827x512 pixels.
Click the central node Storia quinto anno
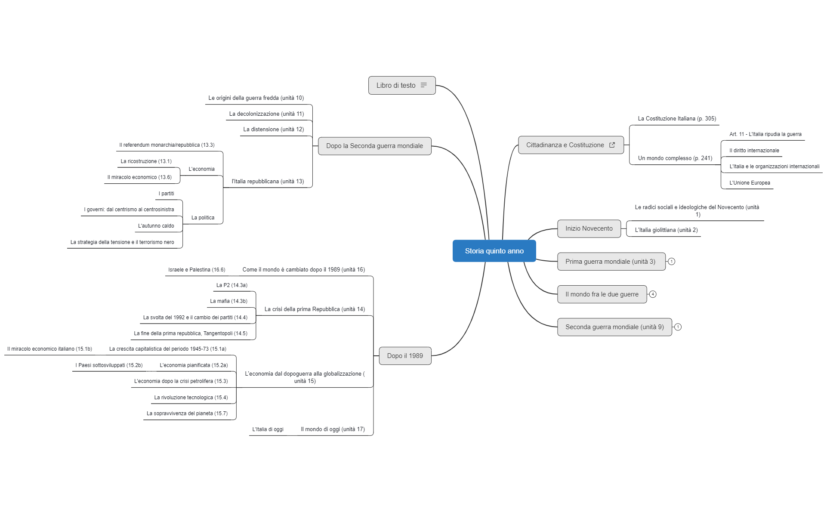[494, 251]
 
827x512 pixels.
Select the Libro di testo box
[396, 85]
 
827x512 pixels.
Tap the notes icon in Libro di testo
[424, 85]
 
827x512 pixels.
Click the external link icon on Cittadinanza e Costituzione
[612, 145]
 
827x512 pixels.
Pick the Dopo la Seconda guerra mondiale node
[374, 146]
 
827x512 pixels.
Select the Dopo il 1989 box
[405, 356]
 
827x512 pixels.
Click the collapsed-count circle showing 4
[653, 294]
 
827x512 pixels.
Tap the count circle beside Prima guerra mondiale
[672, 262]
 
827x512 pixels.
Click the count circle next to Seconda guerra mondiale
[678, 327]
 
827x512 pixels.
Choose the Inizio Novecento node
[589, 228]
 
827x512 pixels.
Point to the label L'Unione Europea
[750, 183]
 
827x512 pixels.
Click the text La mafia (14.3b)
[228, 301]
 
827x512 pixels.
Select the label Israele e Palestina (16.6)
[197, 270]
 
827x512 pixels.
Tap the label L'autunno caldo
[156, 226]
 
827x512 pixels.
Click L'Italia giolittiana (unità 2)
[666, 230]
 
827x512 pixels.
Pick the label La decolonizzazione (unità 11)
[266, 114]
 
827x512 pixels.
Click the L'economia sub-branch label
[201, 169]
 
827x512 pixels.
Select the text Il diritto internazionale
[754, 151]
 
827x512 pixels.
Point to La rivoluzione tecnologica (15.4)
[191, 398]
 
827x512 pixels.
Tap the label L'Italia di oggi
[268, 429]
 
